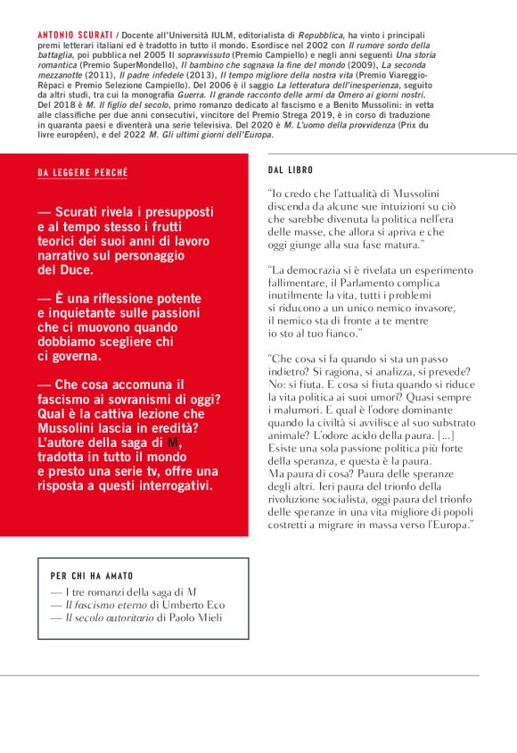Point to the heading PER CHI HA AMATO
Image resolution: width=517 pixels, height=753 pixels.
(92, 576)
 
